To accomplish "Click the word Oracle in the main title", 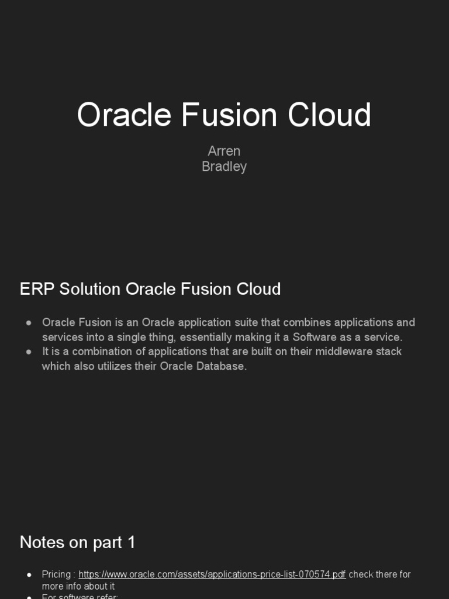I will point(124,115).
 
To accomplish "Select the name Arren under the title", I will point(224,151).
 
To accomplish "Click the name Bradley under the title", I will point(224,167).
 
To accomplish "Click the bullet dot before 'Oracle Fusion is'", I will point(29,323).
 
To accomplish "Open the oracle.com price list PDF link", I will point(212,574).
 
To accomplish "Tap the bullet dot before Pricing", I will point(29,575).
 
